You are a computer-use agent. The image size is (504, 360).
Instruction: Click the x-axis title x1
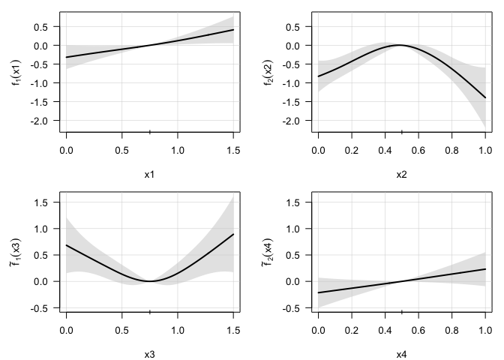149,174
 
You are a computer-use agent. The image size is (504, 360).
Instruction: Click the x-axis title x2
401,174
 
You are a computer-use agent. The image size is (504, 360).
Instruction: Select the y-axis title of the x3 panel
16,250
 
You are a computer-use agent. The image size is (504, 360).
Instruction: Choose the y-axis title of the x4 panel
268,250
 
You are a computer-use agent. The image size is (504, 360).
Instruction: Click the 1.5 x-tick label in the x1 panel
233,149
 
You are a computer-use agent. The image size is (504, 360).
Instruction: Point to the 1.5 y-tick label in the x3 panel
47,202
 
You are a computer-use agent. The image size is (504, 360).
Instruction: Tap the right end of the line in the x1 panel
233,30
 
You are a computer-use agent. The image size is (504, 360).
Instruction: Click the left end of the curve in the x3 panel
67,245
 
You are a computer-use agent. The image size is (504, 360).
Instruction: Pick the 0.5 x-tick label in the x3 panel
122,328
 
